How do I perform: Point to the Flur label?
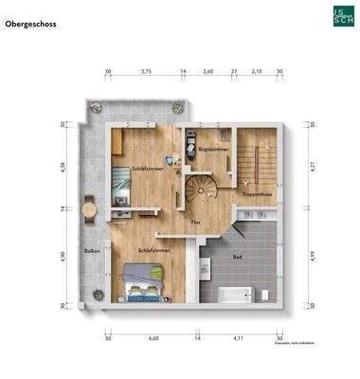195,222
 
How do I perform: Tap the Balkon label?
92,251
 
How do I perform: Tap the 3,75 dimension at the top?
146,71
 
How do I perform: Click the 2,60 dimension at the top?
208,71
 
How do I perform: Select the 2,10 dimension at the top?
256,71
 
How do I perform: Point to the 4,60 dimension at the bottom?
153,337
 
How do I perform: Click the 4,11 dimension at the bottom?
239,337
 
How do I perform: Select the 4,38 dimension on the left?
62,166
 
